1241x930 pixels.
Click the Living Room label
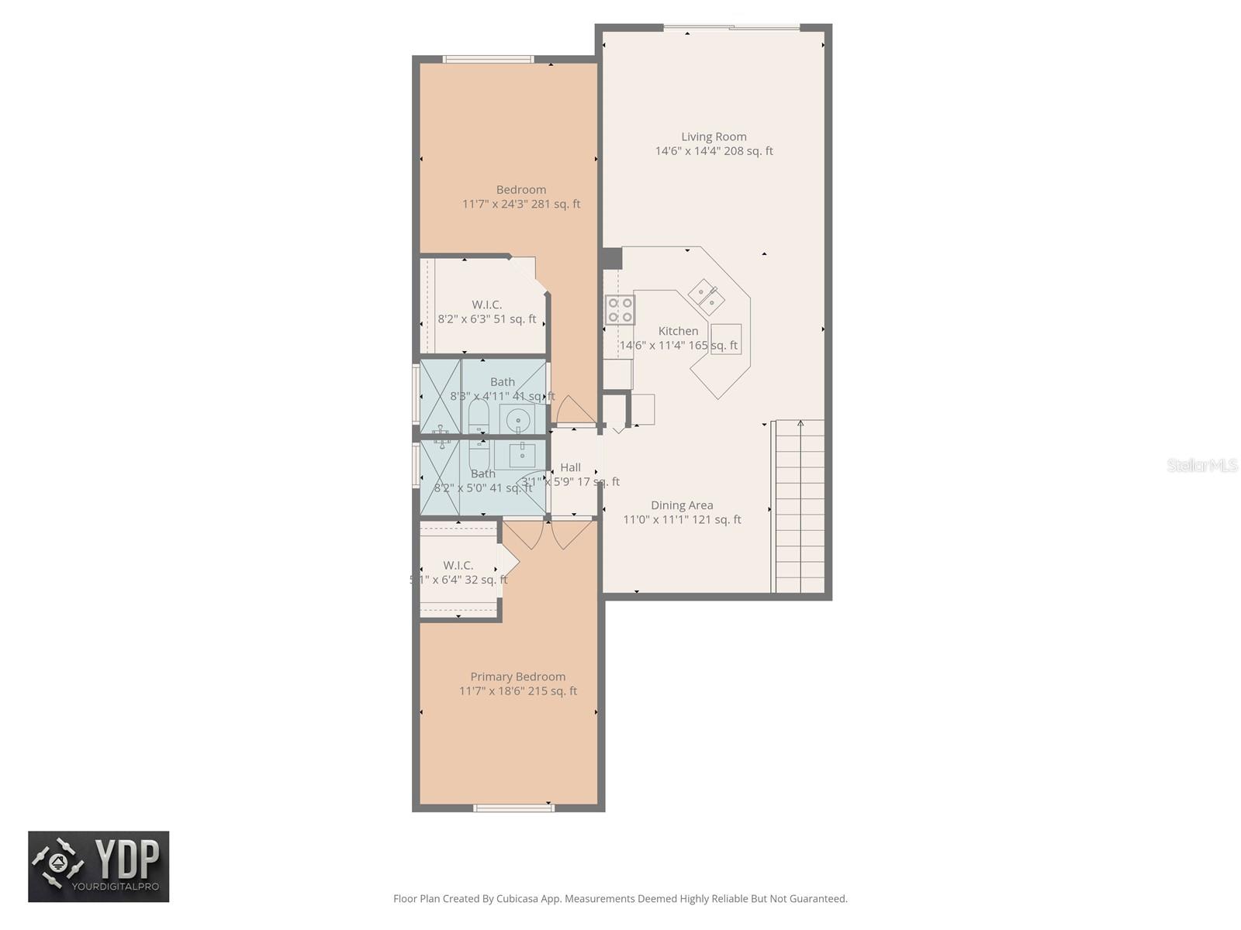(714, 137)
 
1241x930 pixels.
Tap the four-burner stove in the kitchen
(620, 309)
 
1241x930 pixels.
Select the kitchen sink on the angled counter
(707, 296)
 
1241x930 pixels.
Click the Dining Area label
(682, 505)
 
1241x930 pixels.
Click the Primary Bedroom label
(517, 677)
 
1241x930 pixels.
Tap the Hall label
(570, 467)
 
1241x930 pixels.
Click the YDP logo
(99, 866)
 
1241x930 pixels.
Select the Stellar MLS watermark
(1201, 466)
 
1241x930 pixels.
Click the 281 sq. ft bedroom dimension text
(521, 205)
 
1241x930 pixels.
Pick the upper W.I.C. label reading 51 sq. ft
(486, 305)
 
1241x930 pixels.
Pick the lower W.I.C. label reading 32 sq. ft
(458, 566)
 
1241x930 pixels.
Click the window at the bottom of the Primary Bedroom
(513, 808)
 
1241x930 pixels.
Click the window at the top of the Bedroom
(488, 59)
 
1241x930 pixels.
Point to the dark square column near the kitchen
(612, 258)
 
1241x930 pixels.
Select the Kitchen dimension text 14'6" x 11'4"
(678, 346)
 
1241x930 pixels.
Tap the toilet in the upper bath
(479, 419)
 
